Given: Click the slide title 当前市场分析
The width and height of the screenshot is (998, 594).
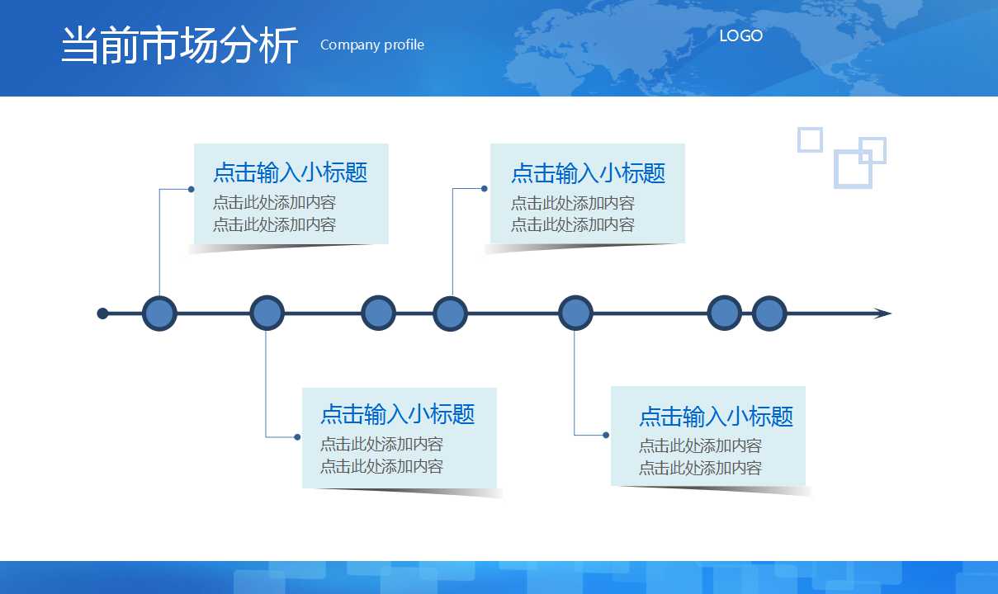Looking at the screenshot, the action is tap(179, 45).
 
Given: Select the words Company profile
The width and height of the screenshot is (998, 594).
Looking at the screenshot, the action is tap(372, 45).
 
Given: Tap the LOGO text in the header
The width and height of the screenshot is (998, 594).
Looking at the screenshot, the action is tap(741, 35).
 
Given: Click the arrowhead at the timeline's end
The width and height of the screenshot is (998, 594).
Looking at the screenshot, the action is tap(882, 313).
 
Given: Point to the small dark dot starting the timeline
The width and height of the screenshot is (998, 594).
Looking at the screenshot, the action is tap(102, 313).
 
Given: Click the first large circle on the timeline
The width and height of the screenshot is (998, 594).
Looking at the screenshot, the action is tap(159, 313).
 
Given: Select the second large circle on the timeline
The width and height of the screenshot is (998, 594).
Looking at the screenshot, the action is tap(267, 313).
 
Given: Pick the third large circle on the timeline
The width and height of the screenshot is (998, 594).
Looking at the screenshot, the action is tap(378, 313).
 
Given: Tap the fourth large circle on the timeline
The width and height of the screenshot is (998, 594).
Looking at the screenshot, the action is tap(450, 313).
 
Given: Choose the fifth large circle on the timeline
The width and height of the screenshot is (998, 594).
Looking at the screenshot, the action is tap(575, 313).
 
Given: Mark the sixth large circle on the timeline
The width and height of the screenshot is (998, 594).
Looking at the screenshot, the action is tap(725, 313).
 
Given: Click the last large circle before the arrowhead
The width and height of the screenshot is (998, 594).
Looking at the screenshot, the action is tap(769, 313).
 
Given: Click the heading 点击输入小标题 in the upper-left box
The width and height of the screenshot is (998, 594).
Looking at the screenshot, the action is tap(290, 172).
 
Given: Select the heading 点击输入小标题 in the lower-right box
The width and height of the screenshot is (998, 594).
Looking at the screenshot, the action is tap(716, 417).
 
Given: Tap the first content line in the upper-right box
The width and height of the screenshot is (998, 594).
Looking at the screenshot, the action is tap(573, 203).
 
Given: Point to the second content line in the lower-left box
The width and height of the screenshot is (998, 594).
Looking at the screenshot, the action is tap(382, 466).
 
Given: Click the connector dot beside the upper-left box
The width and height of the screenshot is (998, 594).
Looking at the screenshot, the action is tap(192, 189).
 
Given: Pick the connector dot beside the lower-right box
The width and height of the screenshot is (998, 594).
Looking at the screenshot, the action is tap(606, 435).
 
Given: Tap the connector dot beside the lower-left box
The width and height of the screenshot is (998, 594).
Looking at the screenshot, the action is tap(297, 437).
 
